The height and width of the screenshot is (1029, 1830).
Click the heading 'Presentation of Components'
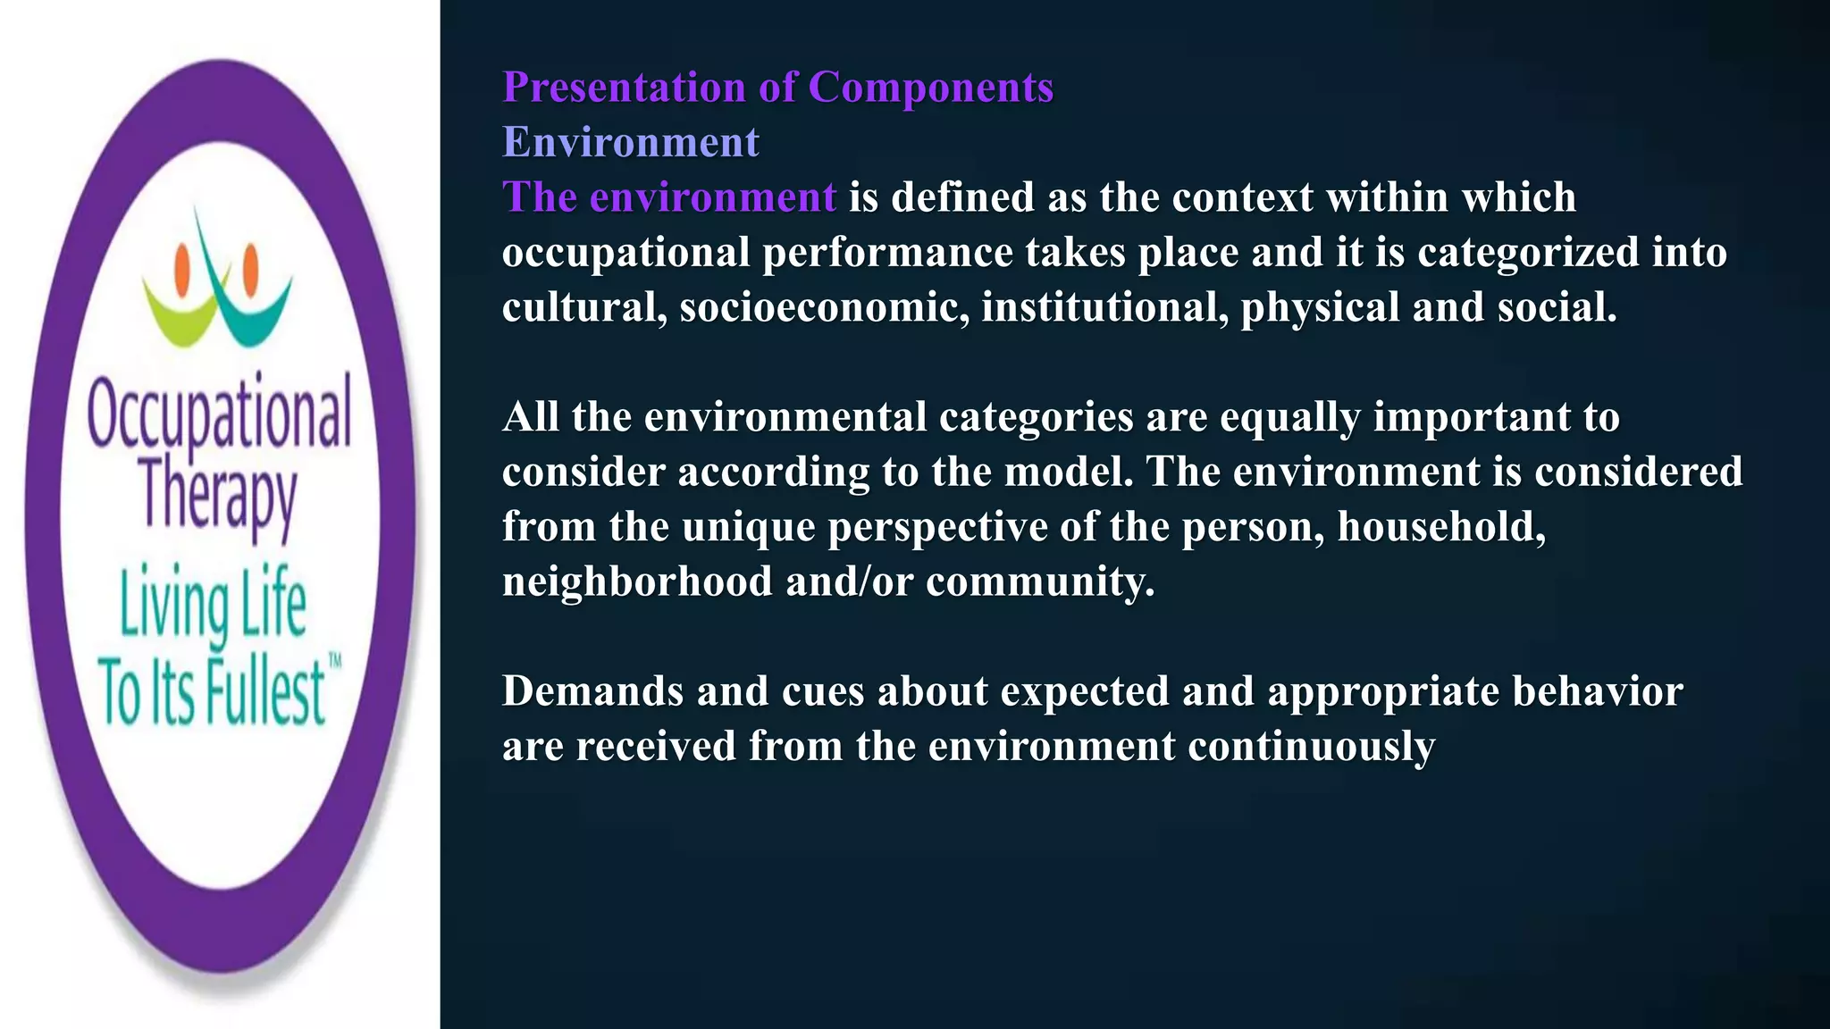click(x=777, y=88)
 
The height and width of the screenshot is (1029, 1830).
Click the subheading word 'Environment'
click(x=630, y=142)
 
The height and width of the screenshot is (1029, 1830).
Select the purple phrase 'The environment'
click(x=668, y=197)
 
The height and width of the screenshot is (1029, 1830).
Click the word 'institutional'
click(x=1104, y=307)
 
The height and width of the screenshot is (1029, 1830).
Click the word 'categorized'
click(x=1528, y=253)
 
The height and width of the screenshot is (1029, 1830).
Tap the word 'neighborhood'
click(x=637, y=582)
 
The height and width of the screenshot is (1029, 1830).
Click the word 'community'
click(x=1039, y=582)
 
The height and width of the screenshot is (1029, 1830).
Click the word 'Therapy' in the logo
click(x=217, y=496)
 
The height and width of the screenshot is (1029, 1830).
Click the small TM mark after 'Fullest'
click(x=335, y=662)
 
